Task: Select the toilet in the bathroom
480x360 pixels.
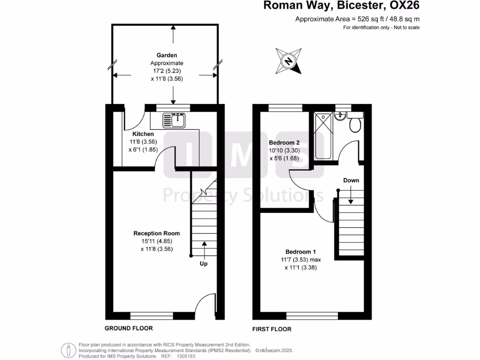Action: [355, 123]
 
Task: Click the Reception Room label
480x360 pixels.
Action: [157, 233]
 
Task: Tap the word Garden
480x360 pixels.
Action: [167, 55]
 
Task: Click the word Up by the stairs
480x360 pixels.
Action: [204, 264]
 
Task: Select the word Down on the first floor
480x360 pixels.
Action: [351, 180]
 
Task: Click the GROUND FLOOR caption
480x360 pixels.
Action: [128, 329]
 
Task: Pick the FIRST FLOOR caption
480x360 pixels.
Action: [272, 329]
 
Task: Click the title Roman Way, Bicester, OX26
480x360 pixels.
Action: [341, 6]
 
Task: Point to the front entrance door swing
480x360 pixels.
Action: [205, 304]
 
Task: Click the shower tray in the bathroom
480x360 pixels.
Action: [323, 136]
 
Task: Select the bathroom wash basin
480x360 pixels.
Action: [341, 116]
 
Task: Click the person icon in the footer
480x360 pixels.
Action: [69, 350]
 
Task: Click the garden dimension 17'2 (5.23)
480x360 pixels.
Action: [166, 71]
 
